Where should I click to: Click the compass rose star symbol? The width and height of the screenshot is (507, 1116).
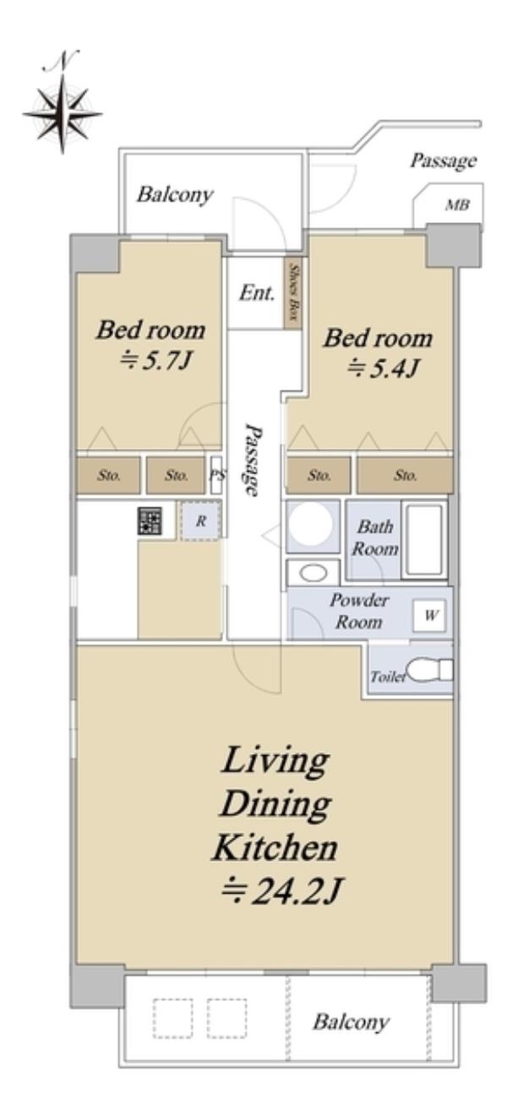(63, 113)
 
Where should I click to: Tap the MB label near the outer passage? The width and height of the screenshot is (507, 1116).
(456, 205)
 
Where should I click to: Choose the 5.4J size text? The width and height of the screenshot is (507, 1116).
(383, 369)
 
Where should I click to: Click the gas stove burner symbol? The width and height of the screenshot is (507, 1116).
(150, 521)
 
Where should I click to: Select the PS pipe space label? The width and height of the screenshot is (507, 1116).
(216, 475)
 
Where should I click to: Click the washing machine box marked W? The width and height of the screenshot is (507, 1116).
(429, 615)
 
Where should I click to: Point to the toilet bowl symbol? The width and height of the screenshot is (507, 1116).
(428, 670)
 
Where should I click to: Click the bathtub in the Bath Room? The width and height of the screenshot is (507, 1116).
(424, 540)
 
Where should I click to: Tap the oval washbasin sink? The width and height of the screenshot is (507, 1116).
(313, 572)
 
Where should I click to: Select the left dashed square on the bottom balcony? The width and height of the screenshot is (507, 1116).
(172, 1018)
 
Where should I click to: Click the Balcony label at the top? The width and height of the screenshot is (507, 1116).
(175, 194)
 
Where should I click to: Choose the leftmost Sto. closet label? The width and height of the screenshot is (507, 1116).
(108, 475)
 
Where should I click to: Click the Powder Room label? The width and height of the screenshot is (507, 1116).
(358, 610)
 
